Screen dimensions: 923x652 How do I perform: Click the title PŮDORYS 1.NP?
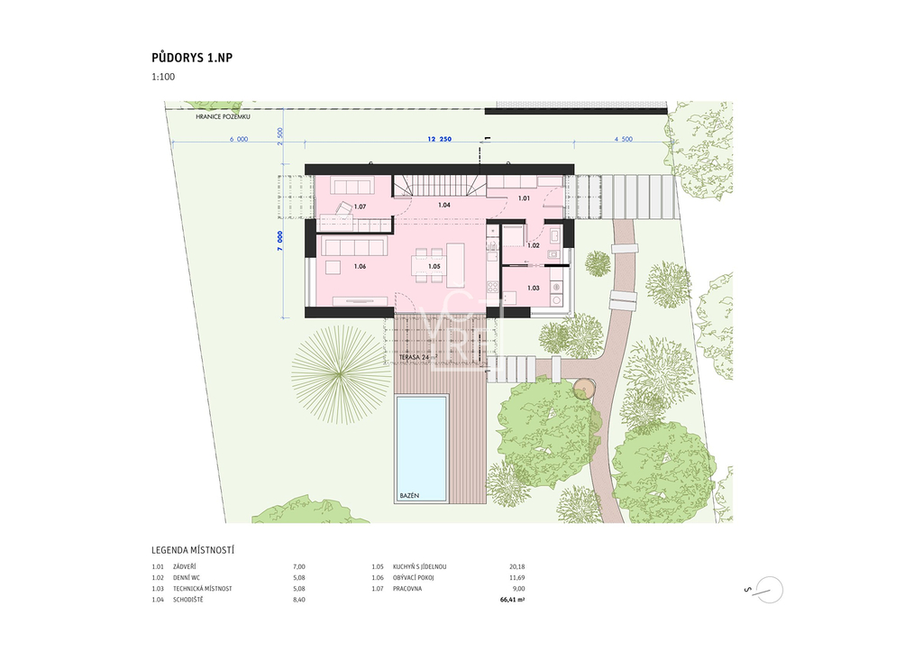click(192, 58)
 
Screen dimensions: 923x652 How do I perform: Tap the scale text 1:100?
click(163, 77)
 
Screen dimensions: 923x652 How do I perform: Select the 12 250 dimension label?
click(439, 139)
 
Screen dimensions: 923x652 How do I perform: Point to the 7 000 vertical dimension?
click(279, 240)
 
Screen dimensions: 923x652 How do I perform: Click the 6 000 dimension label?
click(238, 139)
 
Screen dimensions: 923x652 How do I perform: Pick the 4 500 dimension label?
click(624, 139)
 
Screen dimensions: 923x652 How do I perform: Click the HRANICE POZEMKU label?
click(224, 116)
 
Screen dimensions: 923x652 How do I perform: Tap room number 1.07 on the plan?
click(360, 207)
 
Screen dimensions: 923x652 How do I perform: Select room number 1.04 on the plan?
click(443, 205)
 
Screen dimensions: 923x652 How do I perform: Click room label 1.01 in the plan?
click(524, 198)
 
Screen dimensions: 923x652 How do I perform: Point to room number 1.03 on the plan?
click(534, 288)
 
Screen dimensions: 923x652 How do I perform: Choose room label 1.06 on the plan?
click(360, 266)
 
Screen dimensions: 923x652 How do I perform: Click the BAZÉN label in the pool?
click(410, 495)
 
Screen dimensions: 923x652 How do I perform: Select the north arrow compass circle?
click(769, 590)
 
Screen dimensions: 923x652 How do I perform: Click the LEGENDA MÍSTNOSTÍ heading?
click(193, 550)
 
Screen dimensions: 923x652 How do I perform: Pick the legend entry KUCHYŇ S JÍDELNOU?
click(420, 566)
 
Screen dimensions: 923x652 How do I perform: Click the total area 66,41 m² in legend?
click(512, 600)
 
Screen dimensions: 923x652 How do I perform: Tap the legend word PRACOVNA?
click(407, 588)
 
